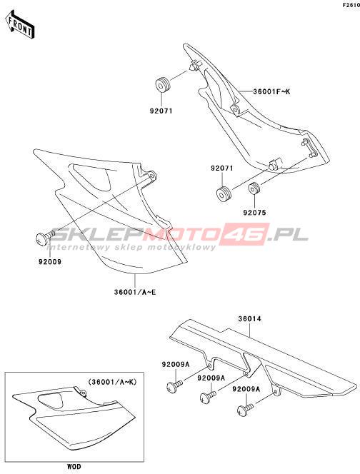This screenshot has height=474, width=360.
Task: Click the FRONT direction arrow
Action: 20,24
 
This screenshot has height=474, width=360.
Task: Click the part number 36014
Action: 249,318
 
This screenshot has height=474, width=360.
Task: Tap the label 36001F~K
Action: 271,91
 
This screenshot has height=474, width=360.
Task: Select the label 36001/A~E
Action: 135,292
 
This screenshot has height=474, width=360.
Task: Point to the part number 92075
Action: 255,213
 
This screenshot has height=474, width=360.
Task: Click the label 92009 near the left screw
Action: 49,262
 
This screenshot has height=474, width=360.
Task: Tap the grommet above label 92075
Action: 254,189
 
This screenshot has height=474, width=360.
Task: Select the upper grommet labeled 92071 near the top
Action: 162,84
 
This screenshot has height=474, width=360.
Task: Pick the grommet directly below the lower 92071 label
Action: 224,194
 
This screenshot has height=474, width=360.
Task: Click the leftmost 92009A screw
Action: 174,386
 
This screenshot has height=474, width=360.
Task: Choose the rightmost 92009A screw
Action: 245,410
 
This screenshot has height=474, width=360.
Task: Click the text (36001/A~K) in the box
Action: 113,382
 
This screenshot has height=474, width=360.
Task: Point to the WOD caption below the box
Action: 74,466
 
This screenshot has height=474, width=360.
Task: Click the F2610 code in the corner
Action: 351,5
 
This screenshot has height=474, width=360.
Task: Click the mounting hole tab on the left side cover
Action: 152,176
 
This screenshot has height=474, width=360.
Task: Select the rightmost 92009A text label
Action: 246,389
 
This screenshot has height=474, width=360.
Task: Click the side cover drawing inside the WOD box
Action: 74,420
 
